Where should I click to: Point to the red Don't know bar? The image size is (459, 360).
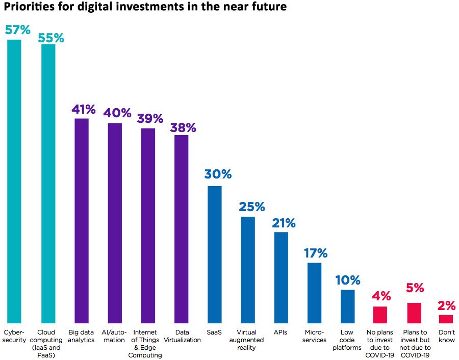tap(446, 319)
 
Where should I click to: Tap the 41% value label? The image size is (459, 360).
tap(83, 109)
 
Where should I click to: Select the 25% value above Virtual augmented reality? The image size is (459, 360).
tap(251, 207)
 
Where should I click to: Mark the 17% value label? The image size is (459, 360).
tap(315, 253)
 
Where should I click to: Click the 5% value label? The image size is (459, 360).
tap(415, 288)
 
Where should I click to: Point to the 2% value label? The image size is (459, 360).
tap(446, 305)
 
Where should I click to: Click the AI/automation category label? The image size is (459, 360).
tap(115, 337)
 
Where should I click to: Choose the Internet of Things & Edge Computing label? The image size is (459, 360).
tap(148, 344)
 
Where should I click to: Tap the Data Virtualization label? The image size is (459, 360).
tap(182, 337)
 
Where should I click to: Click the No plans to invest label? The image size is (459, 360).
tap(380, 344)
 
